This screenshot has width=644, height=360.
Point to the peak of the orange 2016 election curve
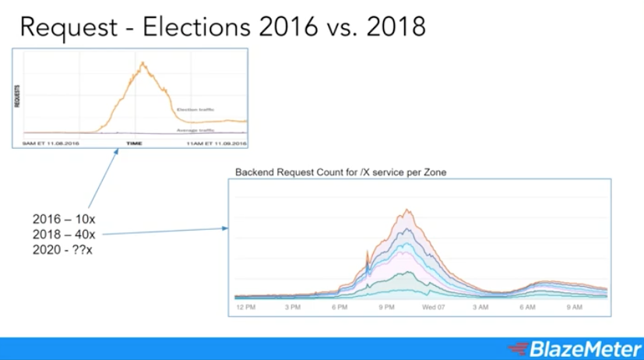143,62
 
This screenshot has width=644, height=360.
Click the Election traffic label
195,110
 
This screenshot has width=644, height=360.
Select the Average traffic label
195,130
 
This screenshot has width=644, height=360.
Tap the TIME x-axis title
135,144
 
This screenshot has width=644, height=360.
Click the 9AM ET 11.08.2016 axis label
51,144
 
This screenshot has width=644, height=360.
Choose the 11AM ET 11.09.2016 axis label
216,144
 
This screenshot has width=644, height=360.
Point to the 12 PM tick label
247,307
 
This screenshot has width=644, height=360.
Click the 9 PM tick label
387,307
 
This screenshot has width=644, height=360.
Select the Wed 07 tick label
434,307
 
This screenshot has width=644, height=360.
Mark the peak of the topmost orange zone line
406,210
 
